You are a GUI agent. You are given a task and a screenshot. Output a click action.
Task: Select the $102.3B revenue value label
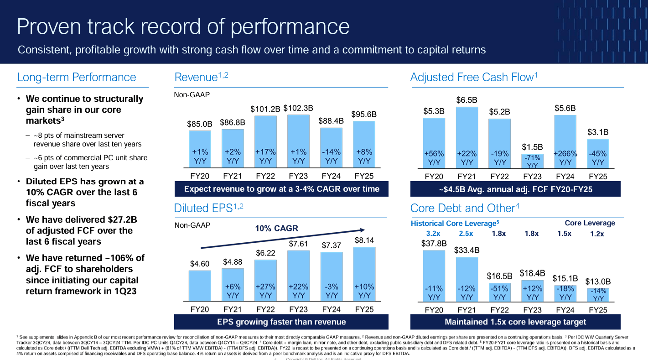298,108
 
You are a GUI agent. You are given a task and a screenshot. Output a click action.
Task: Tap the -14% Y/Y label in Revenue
331,156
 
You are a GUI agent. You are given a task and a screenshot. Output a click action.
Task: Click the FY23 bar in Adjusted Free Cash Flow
532,162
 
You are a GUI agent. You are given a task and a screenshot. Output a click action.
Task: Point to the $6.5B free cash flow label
467,100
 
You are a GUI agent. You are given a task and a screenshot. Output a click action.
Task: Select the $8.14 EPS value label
364,240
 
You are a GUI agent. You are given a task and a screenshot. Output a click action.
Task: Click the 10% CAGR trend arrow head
363,230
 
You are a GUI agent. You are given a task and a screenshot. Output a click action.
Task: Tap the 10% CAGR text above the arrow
276,228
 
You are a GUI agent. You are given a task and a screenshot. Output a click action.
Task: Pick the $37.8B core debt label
434,244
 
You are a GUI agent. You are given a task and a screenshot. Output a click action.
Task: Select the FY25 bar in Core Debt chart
598,294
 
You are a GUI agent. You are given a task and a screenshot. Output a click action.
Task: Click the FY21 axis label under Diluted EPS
233,309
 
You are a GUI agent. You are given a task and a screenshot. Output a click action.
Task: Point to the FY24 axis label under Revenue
331,175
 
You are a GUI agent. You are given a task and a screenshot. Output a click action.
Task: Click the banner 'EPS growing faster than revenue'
281,322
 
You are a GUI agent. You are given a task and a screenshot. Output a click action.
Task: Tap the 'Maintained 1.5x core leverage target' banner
515,322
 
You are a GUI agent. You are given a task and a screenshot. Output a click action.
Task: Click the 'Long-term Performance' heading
76,78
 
